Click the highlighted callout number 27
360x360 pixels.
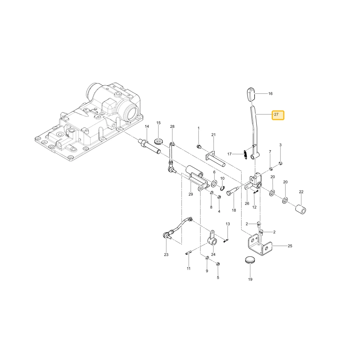point(276,114)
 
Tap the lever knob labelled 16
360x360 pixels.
point(251,94)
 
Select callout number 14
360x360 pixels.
point(147,126)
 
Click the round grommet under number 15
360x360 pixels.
point(158,141)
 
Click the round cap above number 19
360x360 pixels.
point(250,261)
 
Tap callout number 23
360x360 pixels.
point(166,255)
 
